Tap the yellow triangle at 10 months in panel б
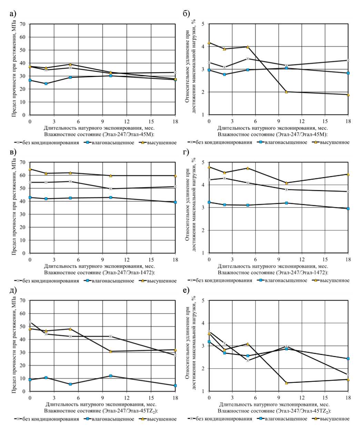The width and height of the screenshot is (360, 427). [286, 92]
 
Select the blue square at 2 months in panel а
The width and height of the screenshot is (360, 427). [46, 83]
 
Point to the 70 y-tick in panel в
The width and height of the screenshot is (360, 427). [23, 162]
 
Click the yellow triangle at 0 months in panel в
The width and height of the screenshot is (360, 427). [30, 169]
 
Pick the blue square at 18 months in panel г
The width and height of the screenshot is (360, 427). [348, 209]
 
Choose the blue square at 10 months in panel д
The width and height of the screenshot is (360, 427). [111, 376]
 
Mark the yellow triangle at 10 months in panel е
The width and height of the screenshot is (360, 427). [286, 383]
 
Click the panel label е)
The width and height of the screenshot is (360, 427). [186, 290]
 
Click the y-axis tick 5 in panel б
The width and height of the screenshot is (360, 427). [203, 24]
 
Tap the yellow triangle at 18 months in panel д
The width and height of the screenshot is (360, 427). [175, 350]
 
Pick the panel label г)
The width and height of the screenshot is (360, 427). [186, 152]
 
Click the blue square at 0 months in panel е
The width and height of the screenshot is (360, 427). [209, 341]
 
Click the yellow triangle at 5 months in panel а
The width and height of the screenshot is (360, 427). [70, 64]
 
